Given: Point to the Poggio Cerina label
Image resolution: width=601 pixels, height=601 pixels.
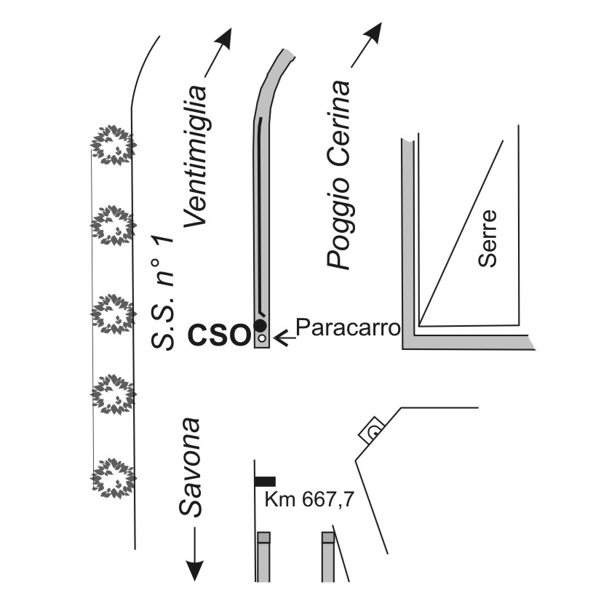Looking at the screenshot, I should (338, 175).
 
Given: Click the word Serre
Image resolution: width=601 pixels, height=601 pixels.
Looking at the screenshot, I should (487, 239).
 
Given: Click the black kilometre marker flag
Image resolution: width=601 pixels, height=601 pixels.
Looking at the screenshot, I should (266, 481).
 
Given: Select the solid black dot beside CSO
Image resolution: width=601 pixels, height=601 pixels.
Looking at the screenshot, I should (260, 325).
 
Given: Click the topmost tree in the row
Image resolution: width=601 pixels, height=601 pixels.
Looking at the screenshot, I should (113, 145).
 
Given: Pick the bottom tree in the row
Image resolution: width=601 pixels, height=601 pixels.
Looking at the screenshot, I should (113, 478).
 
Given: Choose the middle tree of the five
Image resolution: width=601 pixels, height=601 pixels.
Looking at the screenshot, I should (113, 314).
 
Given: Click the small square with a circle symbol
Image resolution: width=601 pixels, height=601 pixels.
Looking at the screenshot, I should (372, 430).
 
